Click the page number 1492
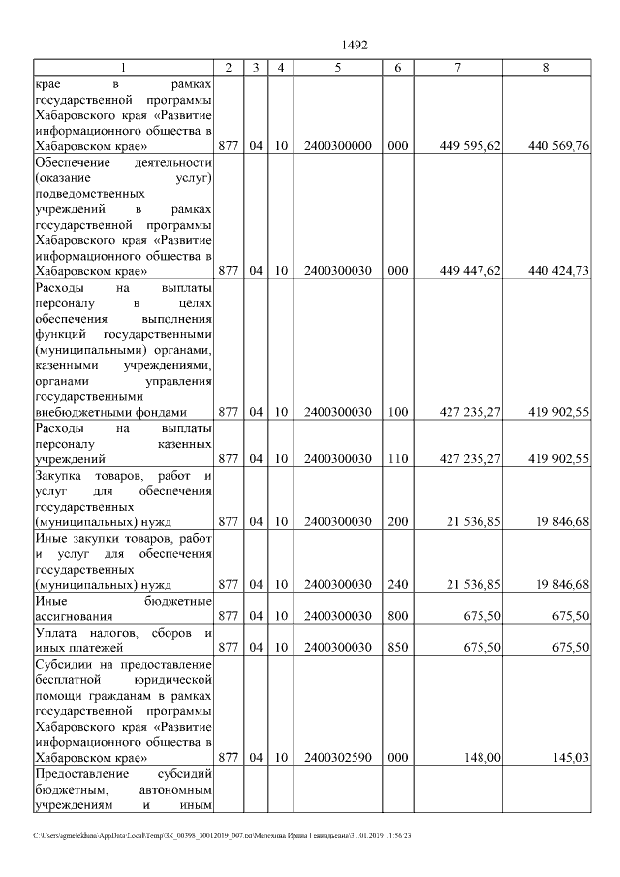(356, 45)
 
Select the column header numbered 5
(337, 68)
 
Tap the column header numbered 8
(549, 68)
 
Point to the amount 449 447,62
(470, 271)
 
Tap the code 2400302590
(337, 757)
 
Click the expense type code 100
(397, 412)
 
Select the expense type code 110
(397, 458)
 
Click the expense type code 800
(397, 616)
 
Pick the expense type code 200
(397, 521)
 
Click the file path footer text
(223, 835)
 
